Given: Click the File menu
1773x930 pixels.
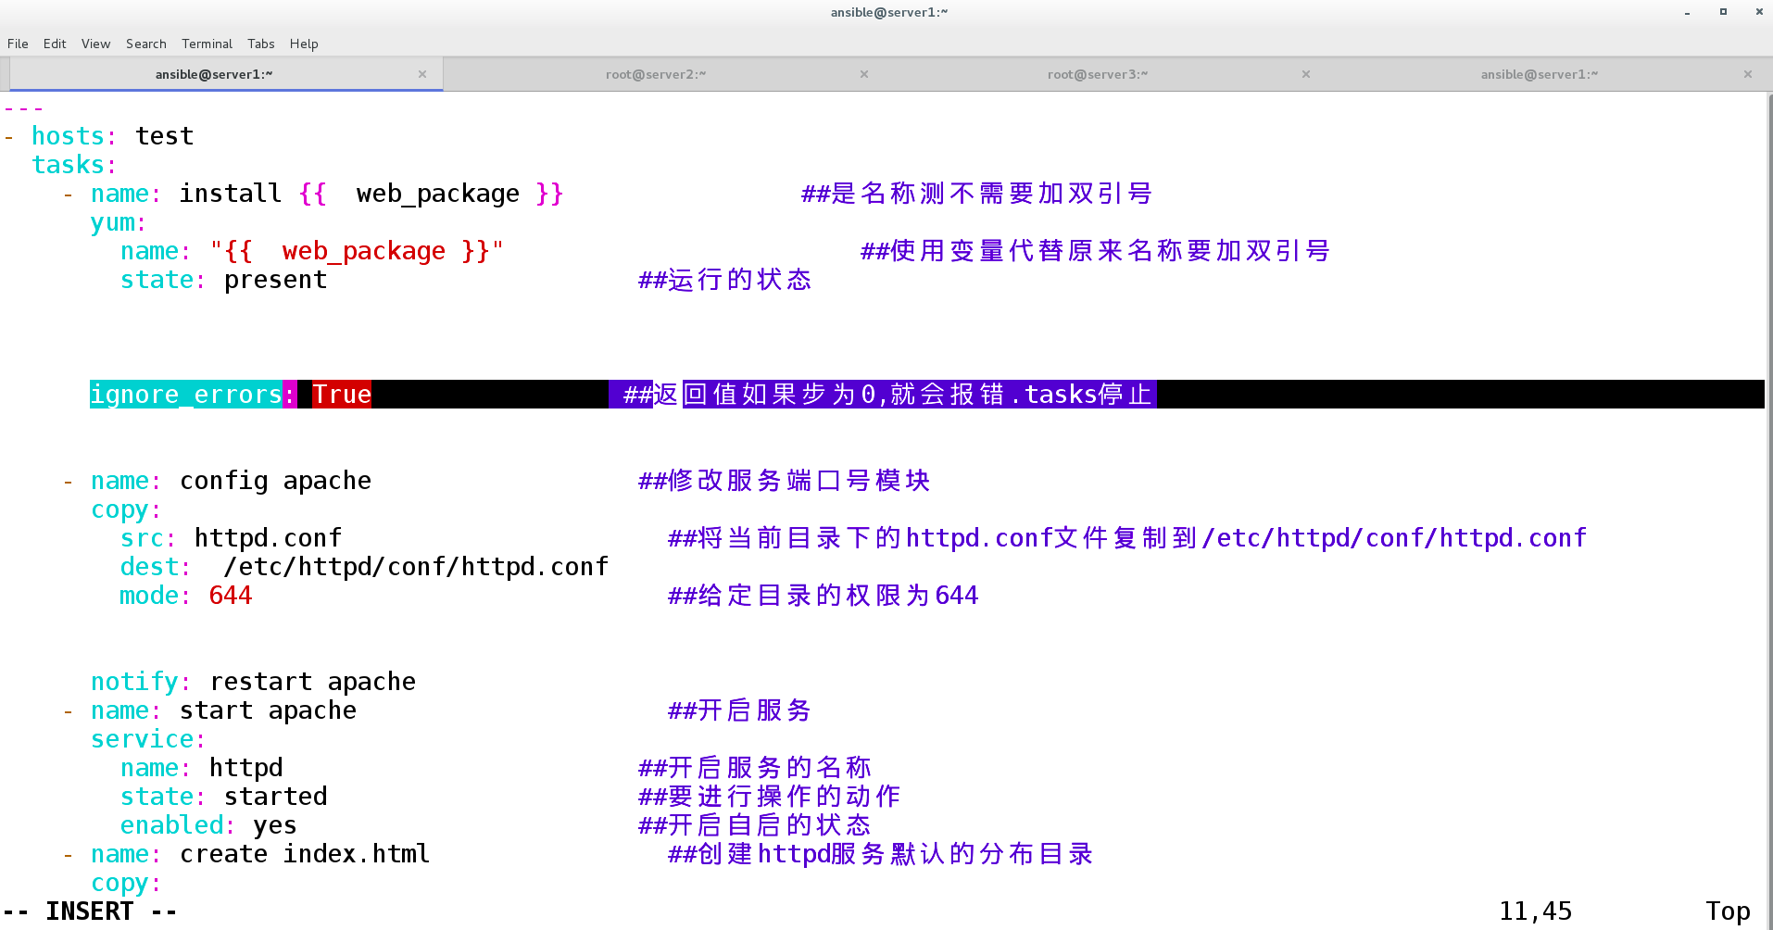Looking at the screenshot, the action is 18,44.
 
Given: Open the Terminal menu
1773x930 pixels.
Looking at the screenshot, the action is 207,44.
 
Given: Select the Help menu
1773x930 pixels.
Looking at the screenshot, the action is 304,44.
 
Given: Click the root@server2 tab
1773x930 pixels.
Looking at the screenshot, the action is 655,74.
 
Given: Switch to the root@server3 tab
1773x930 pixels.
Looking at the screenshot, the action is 1097,74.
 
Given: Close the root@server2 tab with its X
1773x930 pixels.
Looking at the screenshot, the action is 864,74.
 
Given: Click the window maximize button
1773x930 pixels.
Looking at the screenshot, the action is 1723,12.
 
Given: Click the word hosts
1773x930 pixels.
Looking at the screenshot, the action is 68,136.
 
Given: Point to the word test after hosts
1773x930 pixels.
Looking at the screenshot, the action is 164,136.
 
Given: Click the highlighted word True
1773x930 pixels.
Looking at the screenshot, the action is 341,395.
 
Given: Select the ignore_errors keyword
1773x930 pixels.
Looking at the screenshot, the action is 185,395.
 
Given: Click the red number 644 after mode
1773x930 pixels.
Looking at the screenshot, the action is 231,596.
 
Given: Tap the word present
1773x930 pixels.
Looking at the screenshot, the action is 275,280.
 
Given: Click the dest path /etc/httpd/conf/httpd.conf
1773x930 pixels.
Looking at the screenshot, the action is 416,567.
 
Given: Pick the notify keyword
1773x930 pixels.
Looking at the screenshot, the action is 134,682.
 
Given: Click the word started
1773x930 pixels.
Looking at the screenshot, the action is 275,797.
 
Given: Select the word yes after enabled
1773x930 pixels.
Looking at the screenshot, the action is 275,825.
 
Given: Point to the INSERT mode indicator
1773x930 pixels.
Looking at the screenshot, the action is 90,911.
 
